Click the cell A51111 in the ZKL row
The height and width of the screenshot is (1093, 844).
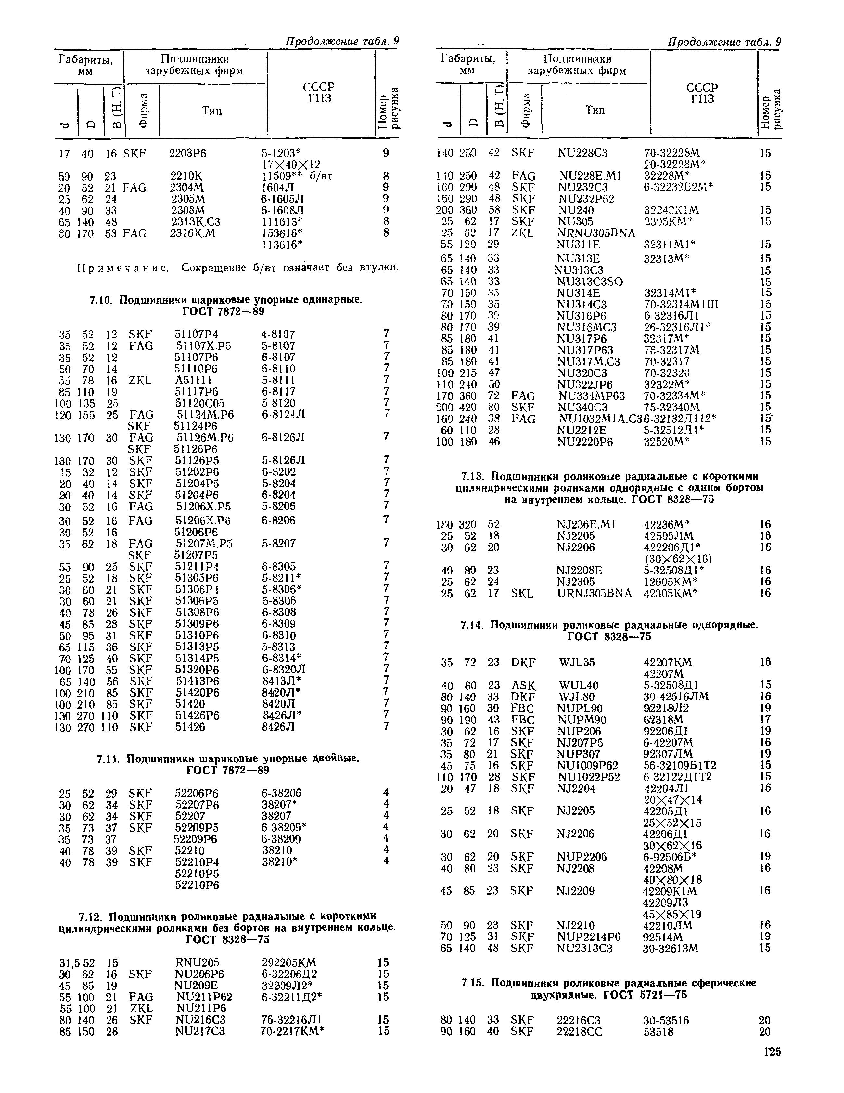point(193,380)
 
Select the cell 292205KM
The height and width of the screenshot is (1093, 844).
point(289,962)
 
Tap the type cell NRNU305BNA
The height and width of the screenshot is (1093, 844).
point(596,233)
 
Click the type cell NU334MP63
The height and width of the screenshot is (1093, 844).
point(592,396)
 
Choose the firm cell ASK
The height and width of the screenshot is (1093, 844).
point(523,685)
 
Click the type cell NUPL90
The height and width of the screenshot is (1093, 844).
point(579,708)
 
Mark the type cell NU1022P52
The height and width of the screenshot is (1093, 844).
point(588,777)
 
